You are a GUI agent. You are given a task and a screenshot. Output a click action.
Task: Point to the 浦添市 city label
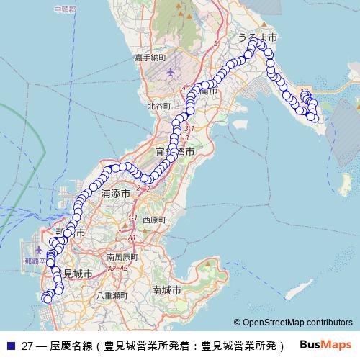pos(115,194)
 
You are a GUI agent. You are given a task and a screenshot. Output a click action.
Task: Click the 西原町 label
pos(154,219)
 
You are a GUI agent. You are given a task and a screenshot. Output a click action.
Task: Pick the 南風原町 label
pos(121,256)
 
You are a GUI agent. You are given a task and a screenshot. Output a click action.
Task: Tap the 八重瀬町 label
pos(112,295)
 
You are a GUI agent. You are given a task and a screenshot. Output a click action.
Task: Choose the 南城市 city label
pos(167,289)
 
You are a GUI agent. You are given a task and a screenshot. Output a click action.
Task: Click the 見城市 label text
pos(78,274)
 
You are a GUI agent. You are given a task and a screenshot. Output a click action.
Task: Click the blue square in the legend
pos(10,344)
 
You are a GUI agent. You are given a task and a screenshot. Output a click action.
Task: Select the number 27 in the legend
pos(28,344)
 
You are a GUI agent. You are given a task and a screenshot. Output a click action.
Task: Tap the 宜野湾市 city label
pos(175,152)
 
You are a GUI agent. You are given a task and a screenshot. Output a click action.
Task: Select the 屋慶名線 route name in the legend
pos(72,344)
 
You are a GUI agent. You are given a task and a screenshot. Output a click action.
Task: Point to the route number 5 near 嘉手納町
pos(215,44)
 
